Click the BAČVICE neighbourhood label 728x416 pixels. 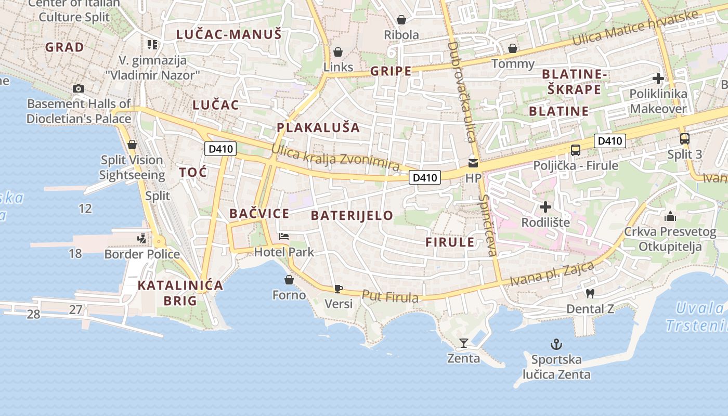[x=259, y=213]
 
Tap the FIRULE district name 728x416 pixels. [x=450, y=242]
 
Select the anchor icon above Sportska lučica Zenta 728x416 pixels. [x=556, y=344]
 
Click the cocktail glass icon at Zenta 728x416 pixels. [x=464, y=343]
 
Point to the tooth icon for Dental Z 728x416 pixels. [x=590, y=293]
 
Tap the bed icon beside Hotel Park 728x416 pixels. [x=284, y=237]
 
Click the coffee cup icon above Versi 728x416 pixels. [x=339, y=288]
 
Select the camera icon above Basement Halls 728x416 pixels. [x=79, y=88]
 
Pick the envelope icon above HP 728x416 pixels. [x=473, y=163]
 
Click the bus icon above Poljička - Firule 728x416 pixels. [x=576, y=150]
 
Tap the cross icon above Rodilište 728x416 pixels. [x=545, y=207]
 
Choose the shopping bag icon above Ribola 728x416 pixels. [x=401, y=20]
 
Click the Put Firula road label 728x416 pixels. [x=390, y=297]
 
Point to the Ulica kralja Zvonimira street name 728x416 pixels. [x=335, y=158]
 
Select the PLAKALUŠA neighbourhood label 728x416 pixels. [x=318, y=127]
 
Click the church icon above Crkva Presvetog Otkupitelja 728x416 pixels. [x=670, y=216]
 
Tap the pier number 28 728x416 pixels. [x=33, y=314]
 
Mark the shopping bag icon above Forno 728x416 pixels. [x=289, y=280]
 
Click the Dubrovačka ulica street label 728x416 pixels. [x=462, y=92]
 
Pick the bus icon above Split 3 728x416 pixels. [x=685, y=139]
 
